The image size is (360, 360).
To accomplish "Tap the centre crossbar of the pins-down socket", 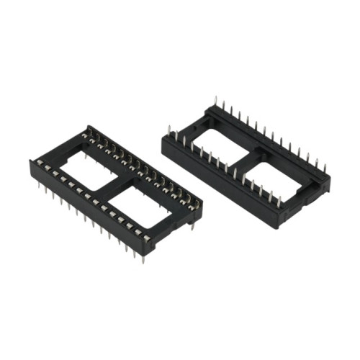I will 115,189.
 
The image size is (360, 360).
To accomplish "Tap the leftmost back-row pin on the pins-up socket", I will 214,101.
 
